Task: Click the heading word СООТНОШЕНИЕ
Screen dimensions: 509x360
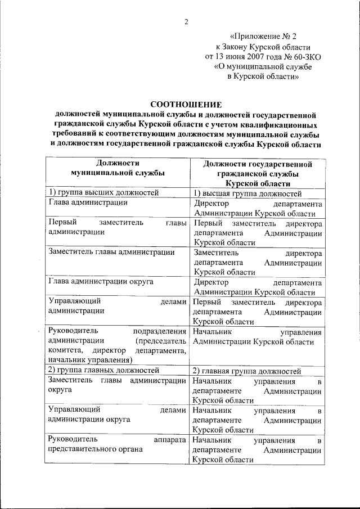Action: tap(186, 104)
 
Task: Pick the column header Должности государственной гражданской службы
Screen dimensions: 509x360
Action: tap(257, 173)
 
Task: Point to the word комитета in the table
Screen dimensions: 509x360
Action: tap(65, 351)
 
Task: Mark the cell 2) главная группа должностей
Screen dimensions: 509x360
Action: tap(247, 370)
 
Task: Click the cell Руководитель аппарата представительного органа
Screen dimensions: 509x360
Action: tap(117, 444)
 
